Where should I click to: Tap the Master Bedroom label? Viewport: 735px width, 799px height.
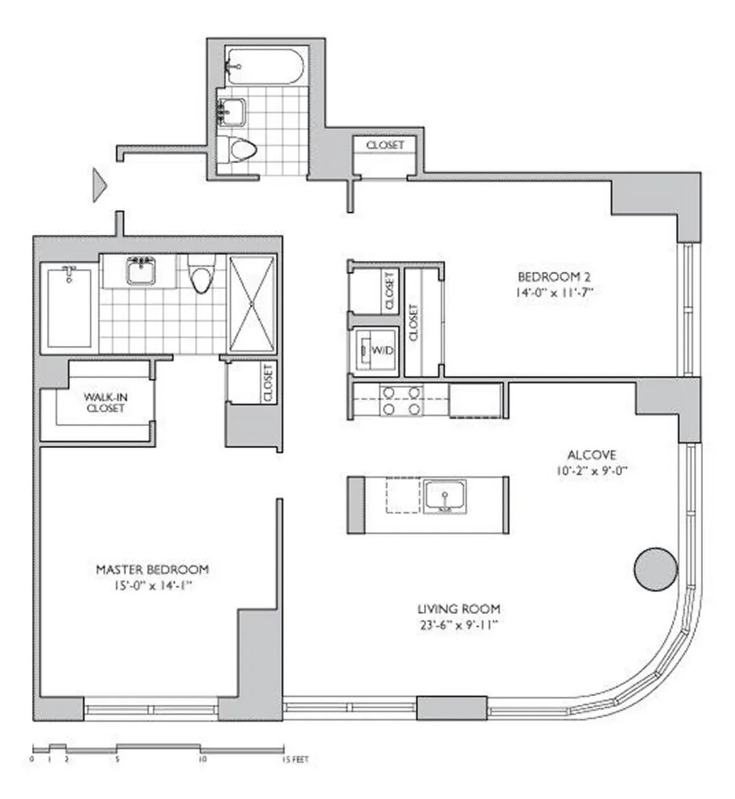tap(152, 569)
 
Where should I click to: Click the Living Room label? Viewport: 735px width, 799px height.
tap(459, 609)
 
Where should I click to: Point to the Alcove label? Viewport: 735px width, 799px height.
tap(591, 455)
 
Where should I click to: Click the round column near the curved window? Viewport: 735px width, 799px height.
tap(655, 569)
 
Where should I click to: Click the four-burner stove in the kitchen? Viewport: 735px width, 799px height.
tap(401, 400)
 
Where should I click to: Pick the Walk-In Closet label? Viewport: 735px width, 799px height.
tap(105, 402)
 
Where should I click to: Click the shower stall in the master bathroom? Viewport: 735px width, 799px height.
tap(252, 304)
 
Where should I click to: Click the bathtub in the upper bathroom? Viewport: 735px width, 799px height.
tap(263, 67)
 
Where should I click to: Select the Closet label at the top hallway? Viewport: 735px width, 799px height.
tap(385, 145)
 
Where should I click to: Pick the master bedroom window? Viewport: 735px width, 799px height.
tap(151, 710)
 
